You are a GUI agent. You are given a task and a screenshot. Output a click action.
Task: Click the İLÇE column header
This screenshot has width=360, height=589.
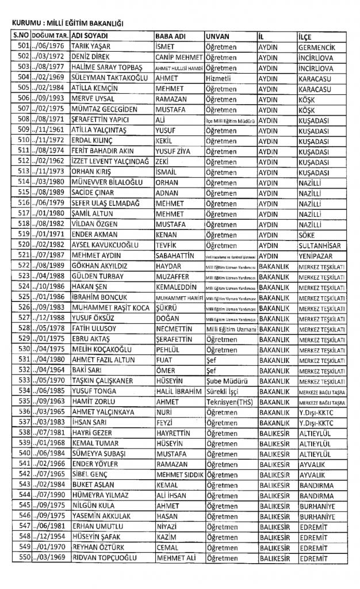(x=305, y=36)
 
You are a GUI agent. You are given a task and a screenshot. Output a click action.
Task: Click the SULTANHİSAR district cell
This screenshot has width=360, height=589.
(x=321, y=244)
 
